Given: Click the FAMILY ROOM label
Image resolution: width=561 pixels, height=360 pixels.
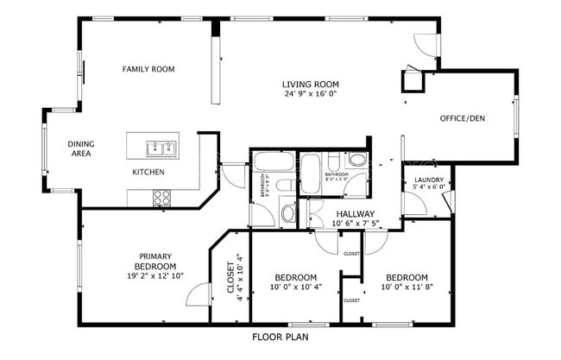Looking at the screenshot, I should click(148, 69).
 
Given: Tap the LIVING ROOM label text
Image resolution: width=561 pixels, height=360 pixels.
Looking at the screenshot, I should click(308, 85).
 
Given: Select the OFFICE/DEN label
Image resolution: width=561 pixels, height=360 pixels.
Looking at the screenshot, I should click(463, 118).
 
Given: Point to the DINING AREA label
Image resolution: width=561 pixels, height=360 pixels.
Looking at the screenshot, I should click(80, 148).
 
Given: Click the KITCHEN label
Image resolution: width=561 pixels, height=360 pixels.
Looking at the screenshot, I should click(148, 172).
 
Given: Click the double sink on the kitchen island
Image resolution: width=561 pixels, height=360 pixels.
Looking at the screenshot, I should click(161, 147).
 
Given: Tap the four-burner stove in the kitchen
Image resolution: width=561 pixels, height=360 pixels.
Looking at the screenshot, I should click(161, 198).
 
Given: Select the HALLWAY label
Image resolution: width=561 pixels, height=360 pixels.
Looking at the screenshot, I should click(355, 213).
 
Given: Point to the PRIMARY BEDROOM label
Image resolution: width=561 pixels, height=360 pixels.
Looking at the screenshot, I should click(156, 261).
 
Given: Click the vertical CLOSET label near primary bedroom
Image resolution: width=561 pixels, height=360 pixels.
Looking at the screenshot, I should click(231, 278).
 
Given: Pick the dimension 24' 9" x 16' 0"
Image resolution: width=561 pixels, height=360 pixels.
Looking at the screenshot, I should click(309, 95).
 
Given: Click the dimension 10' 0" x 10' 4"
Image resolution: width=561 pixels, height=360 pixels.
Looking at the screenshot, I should click(295, 287).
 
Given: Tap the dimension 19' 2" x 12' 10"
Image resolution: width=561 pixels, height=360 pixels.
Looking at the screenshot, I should click(156, 276).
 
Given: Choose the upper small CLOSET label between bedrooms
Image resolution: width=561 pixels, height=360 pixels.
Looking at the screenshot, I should click(351, 255).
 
